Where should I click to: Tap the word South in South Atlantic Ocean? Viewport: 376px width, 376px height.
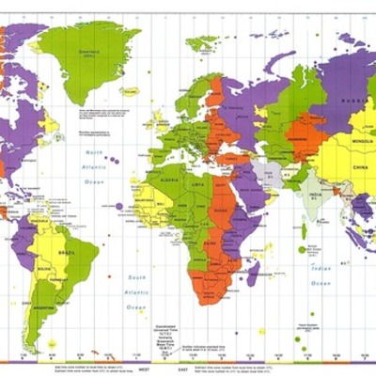tap(138, 278)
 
